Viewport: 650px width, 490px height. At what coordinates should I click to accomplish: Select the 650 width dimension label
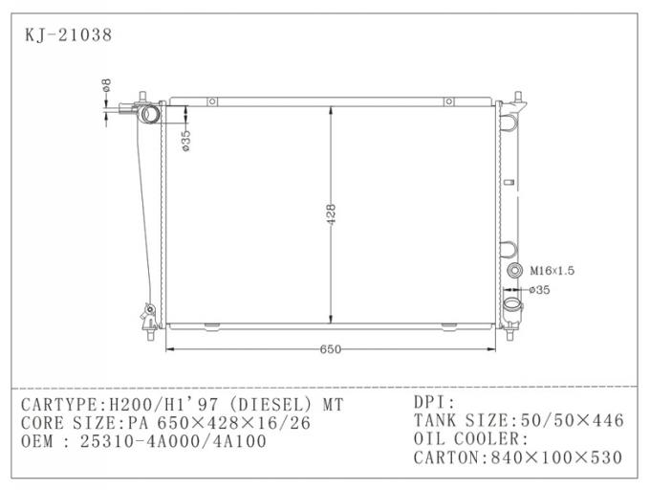point(330,349)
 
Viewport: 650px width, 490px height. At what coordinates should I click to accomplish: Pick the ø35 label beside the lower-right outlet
point(539,289)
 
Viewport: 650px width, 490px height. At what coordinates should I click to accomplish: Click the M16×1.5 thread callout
point(552,271)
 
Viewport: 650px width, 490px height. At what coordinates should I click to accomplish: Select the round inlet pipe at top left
point(150,116)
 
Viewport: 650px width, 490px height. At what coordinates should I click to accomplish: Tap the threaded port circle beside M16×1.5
point(515,271)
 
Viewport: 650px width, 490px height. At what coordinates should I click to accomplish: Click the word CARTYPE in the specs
point(56,405)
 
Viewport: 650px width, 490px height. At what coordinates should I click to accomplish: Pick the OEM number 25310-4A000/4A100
point(171,441)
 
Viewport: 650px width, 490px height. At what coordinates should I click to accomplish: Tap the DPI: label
point(435,402)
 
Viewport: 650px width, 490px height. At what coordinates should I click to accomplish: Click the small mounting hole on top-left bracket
point(213,101)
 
